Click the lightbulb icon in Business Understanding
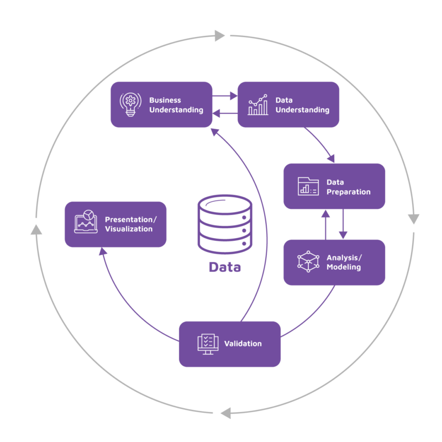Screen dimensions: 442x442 [x=130, y=104]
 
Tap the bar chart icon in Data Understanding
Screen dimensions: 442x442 [x=258, y=104]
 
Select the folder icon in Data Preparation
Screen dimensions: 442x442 [x=308, y=186]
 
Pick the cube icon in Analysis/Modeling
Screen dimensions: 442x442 [x=308, y=262]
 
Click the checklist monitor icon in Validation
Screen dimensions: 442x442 [x=206, y=344]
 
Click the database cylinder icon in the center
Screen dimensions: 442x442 [x=225, y=224]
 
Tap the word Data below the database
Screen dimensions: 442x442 [x=225, y=267]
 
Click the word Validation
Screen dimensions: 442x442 [x=243, y=344]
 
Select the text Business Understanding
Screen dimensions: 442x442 [x=176, y=105]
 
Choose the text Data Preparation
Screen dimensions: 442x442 [x=348, y=187]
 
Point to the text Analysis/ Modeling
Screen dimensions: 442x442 [x=344, y=262]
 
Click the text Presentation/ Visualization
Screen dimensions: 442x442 [x=130, y=224]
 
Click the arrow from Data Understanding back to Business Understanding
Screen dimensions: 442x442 [x=225, y=114]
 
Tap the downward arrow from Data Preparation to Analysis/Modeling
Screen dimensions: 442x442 [x=343, y=224]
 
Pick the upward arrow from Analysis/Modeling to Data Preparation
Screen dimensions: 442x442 [x=325, y=224]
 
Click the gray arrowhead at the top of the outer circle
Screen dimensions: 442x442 [x=220, y=36]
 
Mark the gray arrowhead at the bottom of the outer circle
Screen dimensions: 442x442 [x=225, y=413]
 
